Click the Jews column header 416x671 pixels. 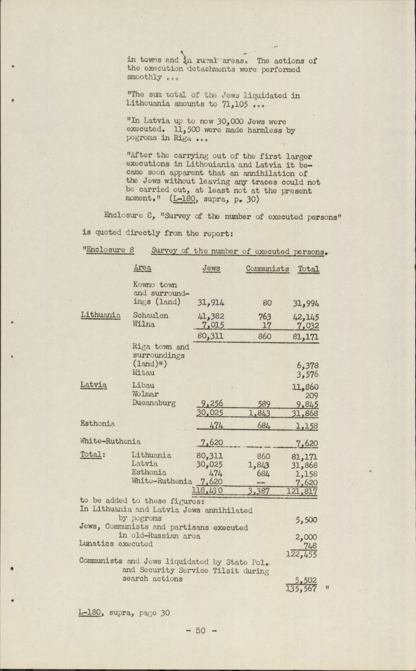211,268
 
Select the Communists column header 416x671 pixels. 267,269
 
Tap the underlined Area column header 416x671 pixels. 142,268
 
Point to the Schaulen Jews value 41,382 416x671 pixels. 210,316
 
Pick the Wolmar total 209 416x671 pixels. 311,395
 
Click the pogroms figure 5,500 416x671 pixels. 307,520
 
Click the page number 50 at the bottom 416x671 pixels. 201,631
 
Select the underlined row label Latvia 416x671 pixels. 93,385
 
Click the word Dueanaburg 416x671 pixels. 154,403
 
